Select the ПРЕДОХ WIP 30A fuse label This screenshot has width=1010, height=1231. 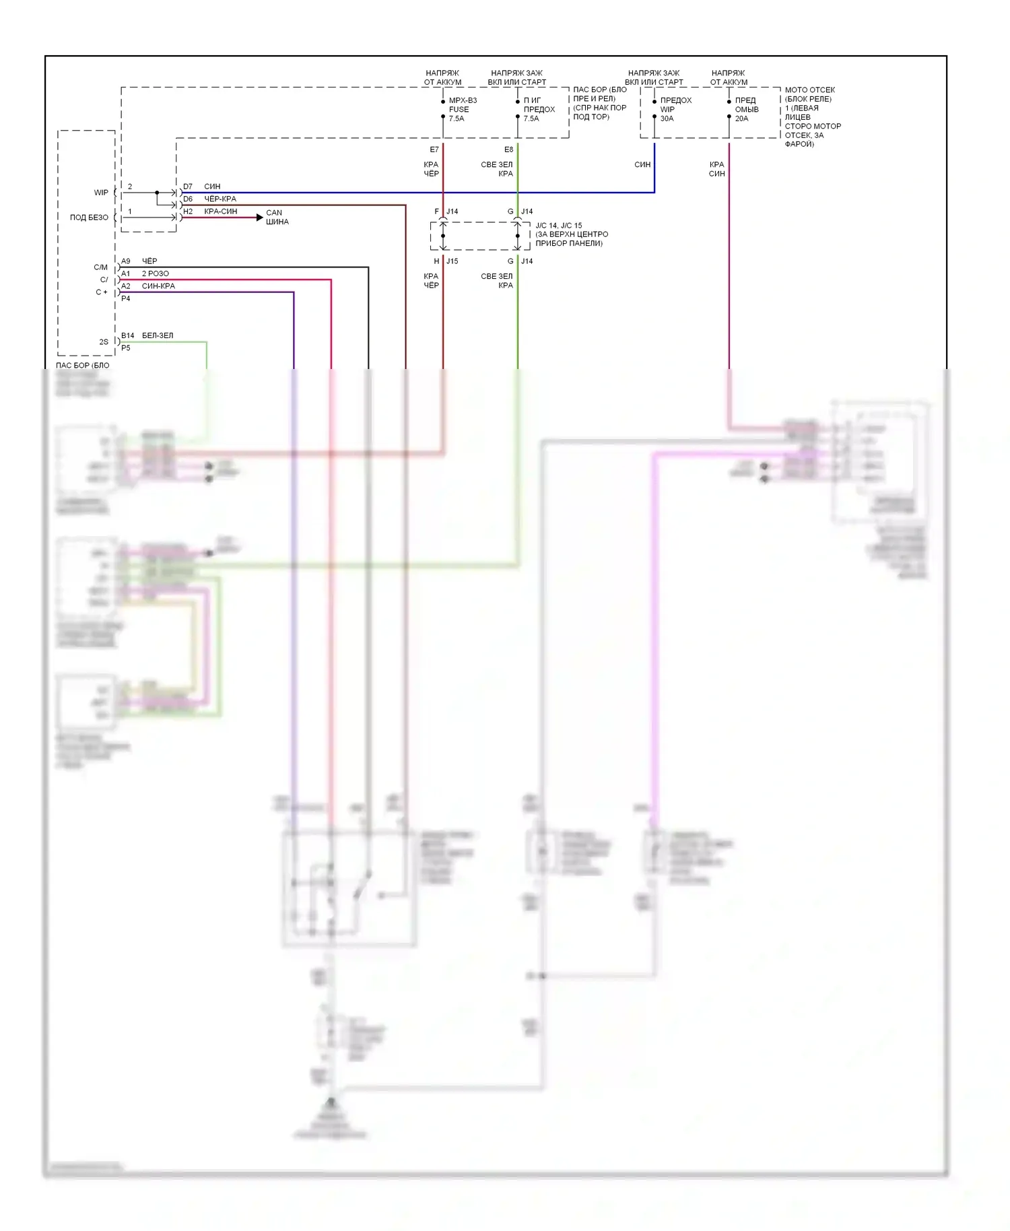coord(675,109)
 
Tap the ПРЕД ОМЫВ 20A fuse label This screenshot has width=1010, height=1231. coord(746,109)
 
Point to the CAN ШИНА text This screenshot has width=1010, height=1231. coord(277,217)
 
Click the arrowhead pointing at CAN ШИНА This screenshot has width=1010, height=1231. coord(260,218)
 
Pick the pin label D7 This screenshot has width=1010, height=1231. coord(188,187)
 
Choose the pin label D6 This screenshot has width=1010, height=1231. coord(188,199)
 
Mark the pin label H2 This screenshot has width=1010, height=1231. coord(188,211)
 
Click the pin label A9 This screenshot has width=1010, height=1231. coord(126,261)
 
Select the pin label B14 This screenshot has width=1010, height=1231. coord(127,335)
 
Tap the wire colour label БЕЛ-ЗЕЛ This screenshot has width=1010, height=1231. coord(158,335)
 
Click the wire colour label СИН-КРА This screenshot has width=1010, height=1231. coord(158,286)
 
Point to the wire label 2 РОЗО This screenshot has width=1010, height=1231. coord(156,273)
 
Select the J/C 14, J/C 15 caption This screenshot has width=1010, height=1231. coord(571,234)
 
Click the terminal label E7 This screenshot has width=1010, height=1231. coord(434,149)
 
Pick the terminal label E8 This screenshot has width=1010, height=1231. coord(508,149)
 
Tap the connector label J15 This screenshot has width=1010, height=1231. coord(452,261)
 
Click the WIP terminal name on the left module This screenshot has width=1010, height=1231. coord(101,193)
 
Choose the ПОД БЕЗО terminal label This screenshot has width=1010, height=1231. coord(89,218)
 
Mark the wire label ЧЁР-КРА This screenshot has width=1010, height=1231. coord(220,199)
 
